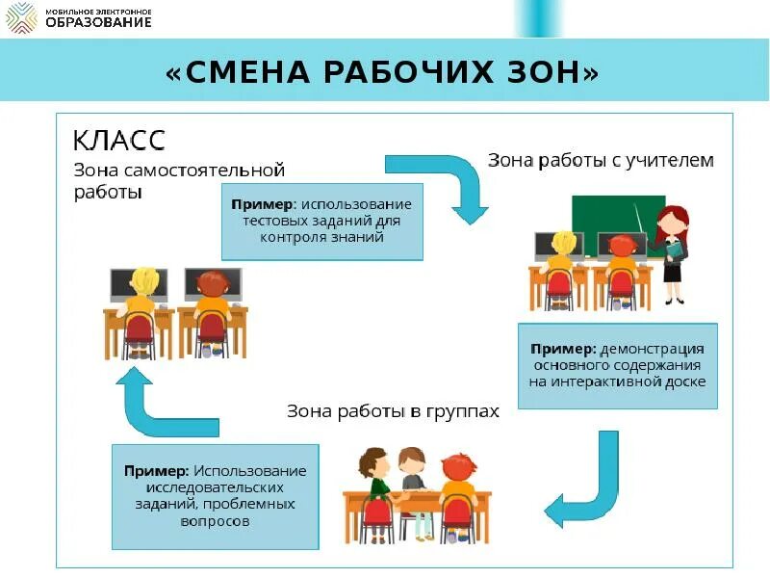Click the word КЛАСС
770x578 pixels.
click(120, 141)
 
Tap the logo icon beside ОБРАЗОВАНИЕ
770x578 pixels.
click(22, 17)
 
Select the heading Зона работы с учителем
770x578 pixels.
click(601, 161)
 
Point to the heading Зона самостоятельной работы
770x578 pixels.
click(179, 181)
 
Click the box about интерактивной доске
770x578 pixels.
click(617, 364)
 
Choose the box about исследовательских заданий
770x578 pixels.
click(215, 496)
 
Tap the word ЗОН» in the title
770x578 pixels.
click(550, 72)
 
